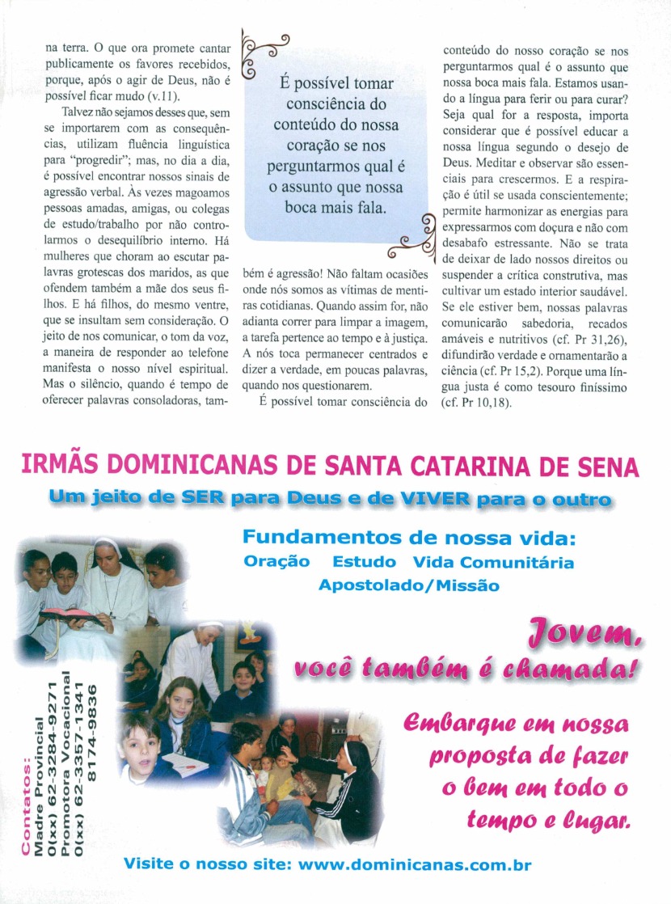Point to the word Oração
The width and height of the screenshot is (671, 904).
pos(276,562)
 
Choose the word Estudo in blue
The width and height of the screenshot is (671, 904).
pos(364,562)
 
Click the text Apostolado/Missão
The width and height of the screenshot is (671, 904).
pos(408,585)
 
